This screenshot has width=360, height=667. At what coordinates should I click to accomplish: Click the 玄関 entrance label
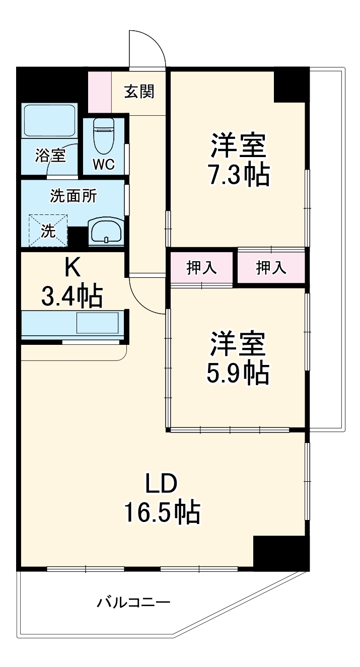point(139,92)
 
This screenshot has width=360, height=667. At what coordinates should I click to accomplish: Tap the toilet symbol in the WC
point(104,135)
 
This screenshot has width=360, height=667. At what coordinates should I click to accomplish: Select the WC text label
point(104,164)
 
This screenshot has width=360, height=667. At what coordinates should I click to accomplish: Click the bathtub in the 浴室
point(48,122)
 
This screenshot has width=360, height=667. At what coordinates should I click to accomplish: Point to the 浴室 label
point(50,156)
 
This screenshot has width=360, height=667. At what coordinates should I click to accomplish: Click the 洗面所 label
point(74,196)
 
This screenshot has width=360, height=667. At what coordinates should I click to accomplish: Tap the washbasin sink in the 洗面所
point(105,232)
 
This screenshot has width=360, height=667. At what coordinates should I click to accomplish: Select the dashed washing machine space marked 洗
point(48,231)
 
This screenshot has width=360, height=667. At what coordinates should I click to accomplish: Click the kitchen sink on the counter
point(97,323)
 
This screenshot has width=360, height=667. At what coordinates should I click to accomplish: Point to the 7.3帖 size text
point(238,174)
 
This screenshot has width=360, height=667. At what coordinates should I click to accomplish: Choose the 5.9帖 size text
point(238,372)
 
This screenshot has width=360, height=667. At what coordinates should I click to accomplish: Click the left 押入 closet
point(202,268)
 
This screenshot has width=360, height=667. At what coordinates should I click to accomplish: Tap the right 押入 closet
point(271,268)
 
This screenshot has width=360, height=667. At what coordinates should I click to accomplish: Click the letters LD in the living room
point(161,484)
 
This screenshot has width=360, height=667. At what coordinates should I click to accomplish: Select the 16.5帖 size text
point(162,513)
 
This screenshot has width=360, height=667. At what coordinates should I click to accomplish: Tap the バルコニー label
point(134,602)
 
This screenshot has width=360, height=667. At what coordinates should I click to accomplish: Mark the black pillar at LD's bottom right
point(280,552)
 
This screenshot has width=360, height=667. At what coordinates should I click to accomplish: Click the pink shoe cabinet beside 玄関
point(99,92)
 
